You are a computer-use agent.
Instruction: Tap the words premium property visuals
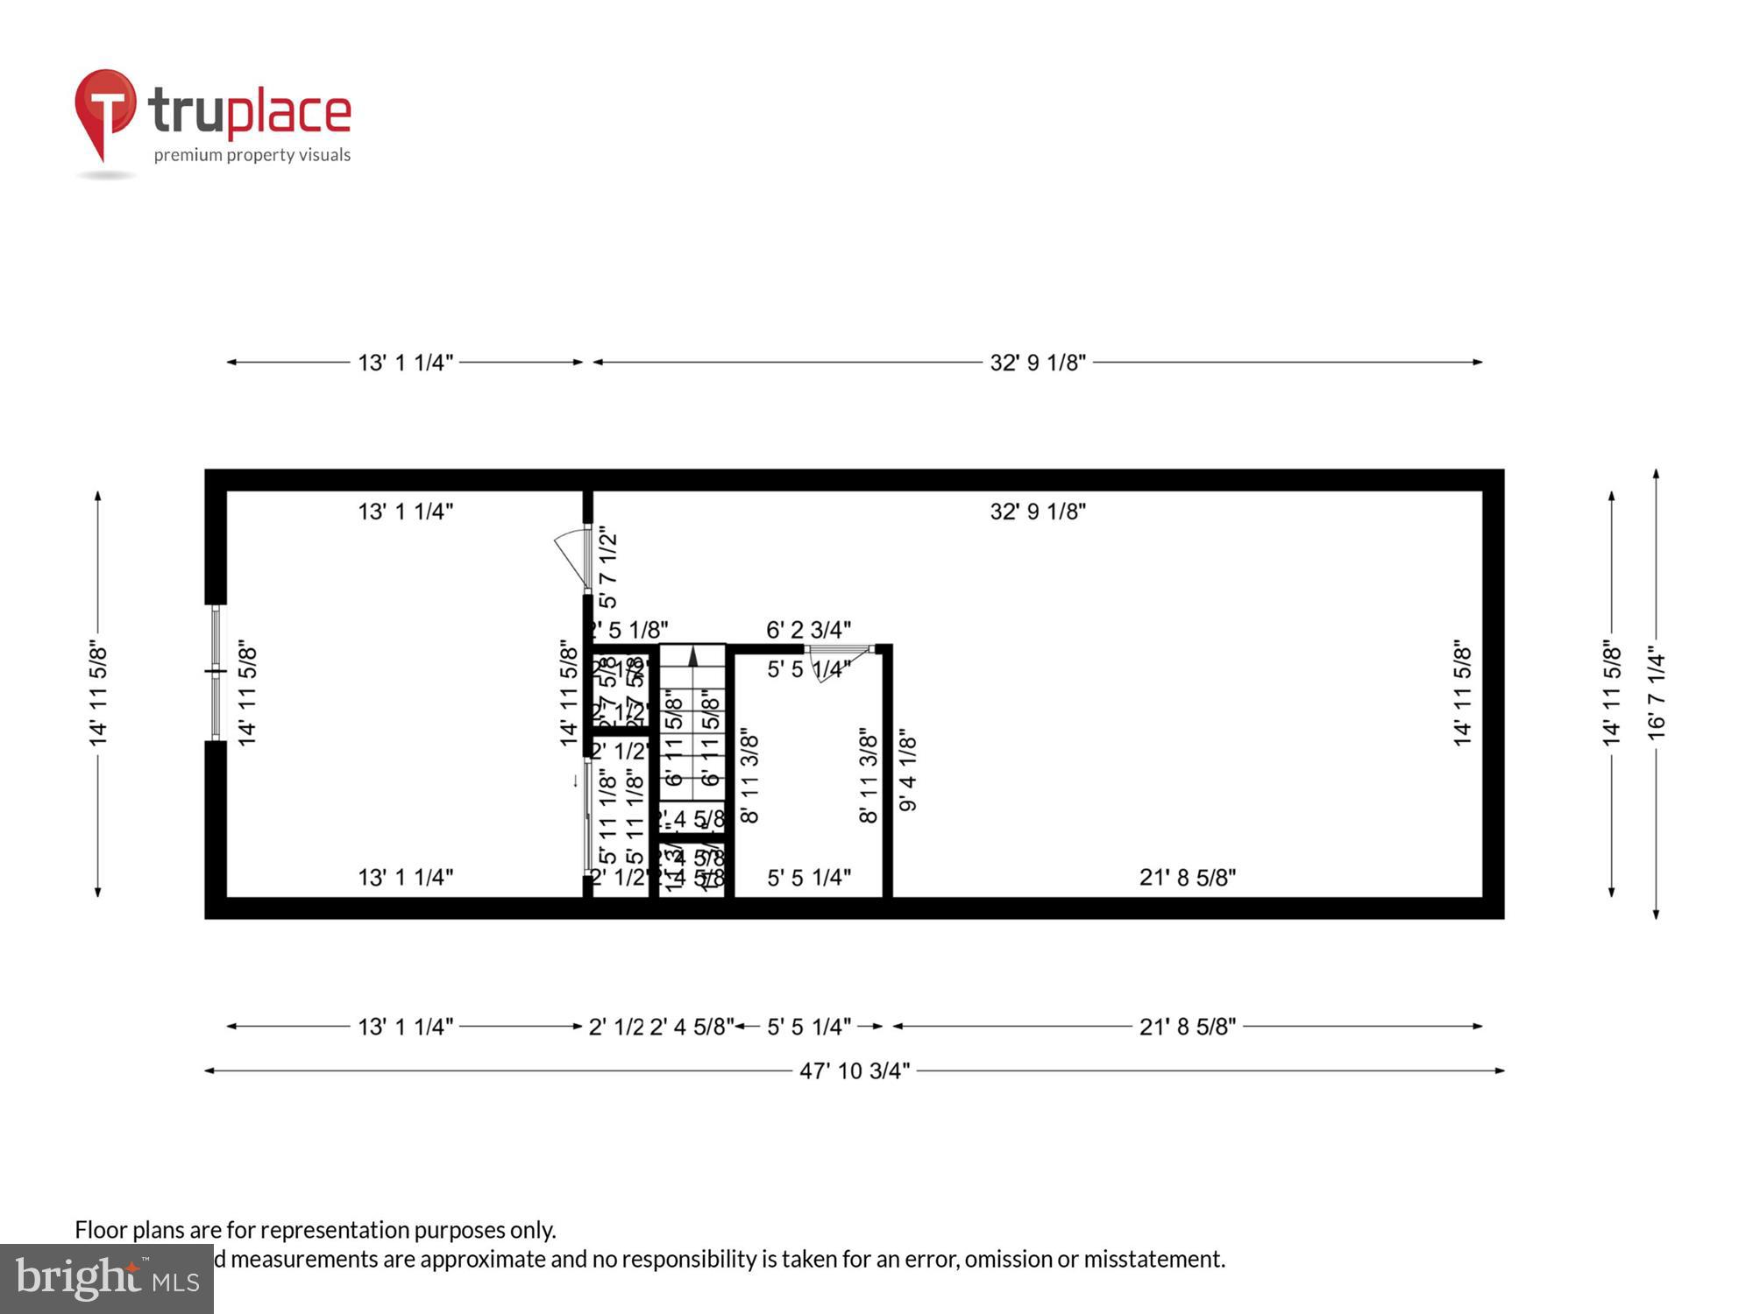tap(252, 155)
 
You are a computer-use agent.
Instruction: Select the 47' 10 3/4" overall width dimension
tap(855, 1070)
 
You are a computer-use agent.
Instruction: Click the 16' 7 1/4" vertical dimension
tap(1656, 694)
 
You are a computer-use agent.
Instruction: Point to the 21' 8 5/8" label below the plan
tap(1187, 1027)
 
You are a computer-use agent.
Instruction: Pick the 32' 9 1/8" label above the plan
tap(1038, 363)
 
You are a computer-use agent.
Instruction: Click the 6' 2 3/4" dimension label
tap(808, 630)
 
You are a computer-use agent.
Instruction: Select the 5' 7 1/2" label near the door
tap(607, 568)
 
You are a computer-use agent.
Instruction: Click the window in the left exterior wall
tap(216, 672)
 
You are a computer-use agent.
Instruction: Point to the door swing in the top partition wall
tap(574, 555)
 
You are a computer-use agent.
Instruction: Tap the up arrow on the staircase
tap(692, 656)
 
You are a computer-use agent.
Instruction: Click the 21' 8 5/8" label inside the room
tap(1187, 877)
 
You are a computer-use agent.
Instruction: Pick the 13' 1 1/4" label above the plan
tap(405, 363)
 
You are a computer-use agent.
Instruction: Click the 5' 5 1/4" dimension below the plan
tap(808, 1027)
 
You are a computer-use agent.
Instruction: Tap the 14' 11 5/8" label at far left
tap(98, 695)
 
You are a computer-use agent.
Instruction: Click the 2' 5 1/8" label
tap(629, 630)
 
